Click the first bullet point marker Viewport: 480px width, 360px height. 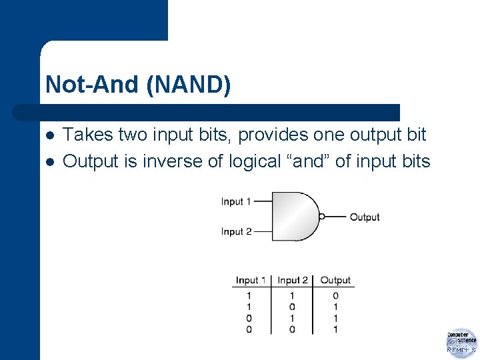[x=49, y=135]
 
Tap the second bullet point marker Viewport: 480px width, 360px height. [x=49, y=162]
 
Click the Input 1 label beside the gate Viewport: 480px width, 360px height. [x=236, y=201]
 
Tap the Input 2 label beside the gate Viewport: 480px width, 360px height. [x=236, y=231]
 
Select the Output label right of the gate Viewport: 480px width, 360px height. [x=364, y=217]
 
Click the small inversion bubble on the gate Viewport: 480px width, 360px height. [x=322, y=217]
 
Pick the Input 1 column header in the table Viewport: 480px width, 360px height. [x=251, y=280]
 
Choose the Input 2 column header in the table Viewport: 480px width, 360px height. [x=293, y=280]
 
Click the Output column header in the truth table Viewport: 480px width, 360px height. [x=335, y=280]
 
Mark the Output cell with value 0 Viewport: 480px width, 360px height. [x=335, y=296]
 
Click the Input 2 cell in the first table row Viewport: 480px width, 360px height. [x=293, y=296]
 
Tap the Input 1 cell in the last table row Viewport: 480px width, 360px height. [x=249, y=329]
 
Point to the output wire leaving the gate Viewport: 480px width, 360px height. [x=336, y=217]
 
